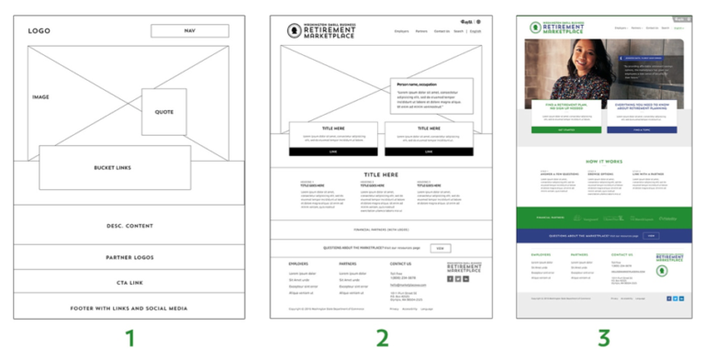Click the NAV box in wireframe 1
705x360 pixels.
(x=190, y=30)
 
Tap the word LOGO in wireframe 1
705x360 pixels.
(x=39, y=30)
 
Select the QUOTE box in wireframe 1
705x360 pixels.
(x=164, y=112)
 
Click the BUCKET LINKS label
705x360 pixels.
(x=115, y=168)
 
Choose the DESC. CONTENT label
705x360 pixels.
(x=129, y=225)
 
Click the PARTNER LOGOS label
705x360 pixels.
(x=129, y=257)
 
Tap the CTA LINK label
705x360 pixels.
(x=129, y=282)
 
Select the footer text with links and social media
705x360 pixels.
(x=129, y=308)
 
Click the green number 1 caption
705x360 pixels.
(x=129, y=339)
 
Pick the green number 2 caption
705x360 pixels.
(x=381, y=339)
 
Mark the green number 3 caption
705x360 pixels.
(x=603, y=339)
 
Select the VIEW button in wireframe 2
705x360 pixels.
(x=441, y=248)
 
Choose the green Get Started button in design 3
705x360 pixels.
(x=561, y=130)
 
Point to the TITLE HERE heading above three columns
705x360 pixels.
(x=381, y=174)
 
